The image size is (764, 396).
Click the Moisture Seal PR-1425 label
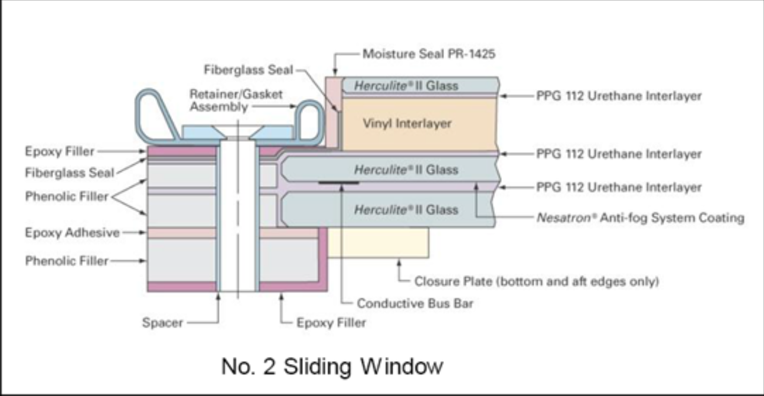click(x=429, y=54)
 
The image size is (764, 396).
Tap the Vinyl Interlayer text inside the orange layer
click(x=407, y=124)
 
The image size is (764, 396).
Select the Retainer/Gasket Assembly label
click(x=236, y=100)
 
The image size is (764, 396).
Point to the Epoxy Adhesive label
click(x=72, y=232)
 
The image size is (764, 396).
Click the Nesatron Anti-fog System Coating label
click(x=640, y=218)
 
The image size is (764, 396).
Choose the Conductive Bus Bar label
click(x=415, y=304)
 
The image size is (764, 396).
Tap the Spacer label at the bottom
click(x=162, y=323)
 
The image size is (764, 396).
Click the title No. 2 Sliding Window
click(x=332, y=366)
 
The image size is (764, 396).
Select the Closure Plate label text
click(x=536, y=281)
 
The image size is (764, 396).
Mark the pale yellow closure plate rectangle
click(x=378, y=243)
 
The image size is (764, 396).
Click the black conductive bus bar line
click(x=338, y=183)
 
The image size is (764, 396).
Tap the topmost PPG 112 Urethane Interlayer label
click(x=619, y=96)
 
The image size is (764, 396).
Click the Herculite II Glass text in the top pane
click(x=406, y=86)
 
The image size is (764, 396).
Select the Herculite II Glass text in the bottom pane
click(x=406, y=209)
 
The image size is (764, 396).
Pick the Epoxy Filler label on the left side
click(x=60, y=152)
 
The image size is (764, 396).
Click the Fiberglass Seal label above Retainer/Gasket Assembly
click(x=249, y=70)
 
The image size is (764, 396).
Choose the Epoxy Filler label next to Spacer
click(x=331, y=323)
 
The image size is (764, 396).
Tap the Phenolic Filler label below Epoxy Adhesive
click(x=67, y=260)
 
